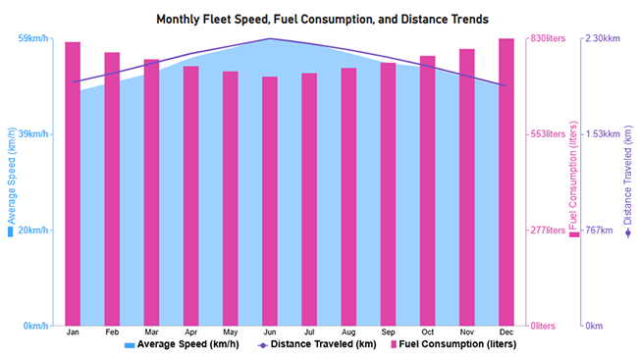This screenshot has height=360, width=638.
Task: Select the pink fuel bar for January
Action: (x=73, y=183)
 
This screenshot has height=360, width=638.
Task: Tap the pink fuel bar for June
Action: (x=270, y=201)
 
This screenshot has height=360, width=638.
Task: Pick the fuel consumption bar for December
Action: (x=506, y=181)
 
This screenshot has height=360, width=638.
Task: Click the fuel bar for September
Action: (x=388, y=194)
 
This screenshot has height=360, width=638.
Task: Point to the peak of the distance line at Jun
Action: (x=270, y=39)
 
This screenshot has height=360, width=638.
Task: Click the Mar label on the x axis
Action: (x=151, y=333)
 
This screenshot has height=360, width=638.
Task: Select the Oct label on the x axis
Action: (x=427, y=333)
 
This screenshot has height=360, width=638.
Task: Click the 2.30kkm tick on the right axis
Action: (x=602, y=39)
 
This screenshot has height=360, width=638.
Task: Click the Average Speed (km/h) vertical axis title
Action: (x=12, y=181)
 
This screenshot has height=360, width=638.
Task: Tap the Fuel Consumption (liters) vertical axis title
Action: (x=573, y=181)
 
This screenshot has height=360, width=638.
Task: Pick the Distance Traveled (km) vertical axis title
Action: (x=628, y=181)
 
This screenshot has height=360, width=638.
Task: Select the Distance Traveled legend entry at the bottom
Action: (x=316, y=345)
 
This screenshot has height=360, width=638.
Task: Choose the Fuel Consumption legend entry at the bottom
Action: (x=453, y=345)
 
